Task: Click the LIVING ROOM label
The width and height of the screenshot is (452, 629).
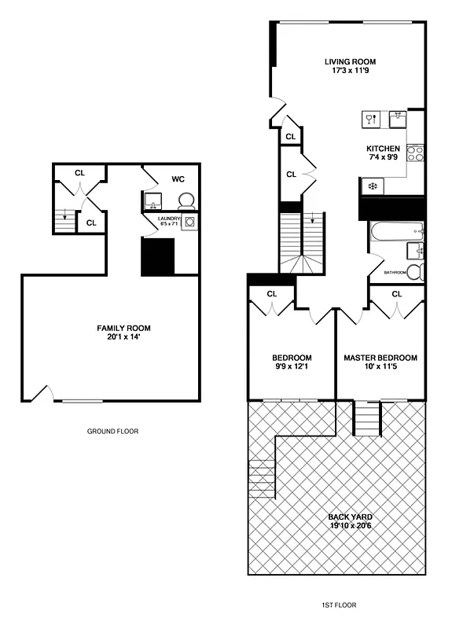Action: pyautogui.click(x=351, y=61)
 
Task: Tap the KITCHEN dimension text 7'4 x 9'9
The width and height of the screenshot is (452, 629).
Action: pyautogui.click(x=383, y=158)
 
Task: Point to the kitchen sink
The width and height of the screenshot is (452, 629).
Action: pyautogui.click(x=400, y=120)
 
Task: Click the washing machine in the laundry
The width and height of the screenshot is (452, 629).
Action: pyautogui.click(x=189, y=223)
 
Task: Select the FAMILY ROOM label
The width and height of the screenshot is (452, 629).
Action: pyautogui.click(x=123, y=328)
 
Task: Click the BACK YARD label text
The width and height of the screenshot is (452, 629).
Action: pyautogui.click(x=351, y=517)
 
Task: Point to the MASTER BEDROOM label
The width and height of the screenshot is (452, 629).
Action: pyautogui.click(x=380, y=358)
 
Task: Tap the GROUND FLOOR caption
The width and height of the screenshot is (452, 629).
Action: pyautogui.click(x=112, y=431)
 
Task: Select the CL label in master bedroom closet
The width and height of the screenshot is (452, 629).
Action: pyautogui.click(x=396, y=294)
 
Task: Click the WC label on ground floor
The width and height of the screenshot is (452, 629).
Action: pyautogui.click(x=178, y=179)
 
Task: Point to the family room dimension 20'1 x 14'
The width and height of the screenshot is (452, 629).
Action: pyautogui.click(x=123, y=338)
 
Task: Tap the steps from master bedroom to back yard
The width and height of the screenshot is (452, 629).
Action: pyautogui.click(x=366, y=418)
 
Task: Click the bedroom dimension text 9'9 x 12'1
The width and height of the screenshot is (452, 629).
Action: pyautogui.click(x=292, y=367)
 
